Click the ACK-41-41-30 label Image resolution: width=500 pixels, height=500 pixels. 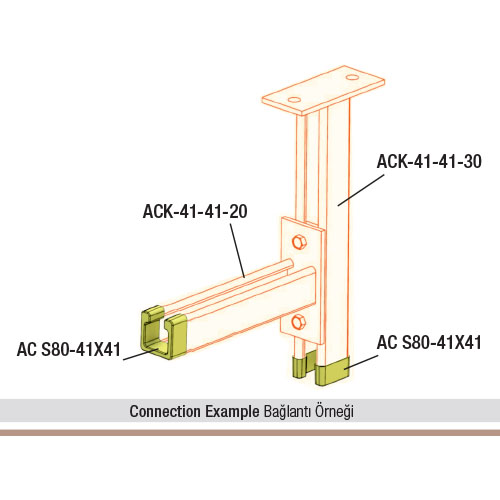coord(429,162)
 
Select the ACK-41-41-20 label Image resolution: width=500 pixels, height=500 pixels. coord(195,211)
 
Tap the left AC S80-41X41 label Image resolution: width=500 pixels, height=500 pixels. coord(69,350)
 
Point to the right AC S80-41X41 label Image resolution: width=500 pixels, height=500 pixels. coord(429,343)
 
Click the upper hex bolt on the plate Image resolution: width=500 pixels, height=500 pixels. coord(299,241)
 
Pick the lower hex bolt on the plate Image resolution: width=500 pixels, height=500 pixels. coord(298,322)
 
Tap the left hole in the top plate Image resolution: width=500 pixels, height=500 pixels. coord(294,100)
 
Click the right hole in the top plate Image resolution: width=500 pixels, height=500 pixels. coord(352,77)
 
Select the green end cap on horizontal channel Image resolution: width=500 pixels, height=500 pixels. coord(163,332)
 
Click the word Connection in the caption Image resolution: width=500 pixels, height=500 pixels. coord(165,411)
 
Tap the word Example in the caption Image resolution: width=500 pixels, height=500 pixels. coord(232,412)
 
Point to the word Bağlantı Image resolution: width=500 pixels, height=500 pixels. coord(288,412)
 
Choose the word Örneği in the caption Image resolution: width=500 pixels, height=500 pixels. coord(334,411)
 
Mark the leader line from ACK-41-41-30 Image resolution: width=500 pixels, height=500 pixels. coord(361,190)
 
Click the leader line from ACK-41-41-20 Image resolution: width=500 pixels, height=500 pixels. coord(237,250)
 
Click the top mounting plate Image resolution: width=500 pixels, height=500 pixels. coord(323,91)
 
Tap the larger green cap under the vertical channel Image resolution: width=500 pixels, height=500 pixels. coord(332,371)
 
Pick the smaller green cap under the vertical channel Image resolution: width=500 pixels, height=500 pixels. coord(300,366)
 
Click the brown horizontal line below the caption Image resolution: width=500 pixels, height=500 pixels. coord(250,433)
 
